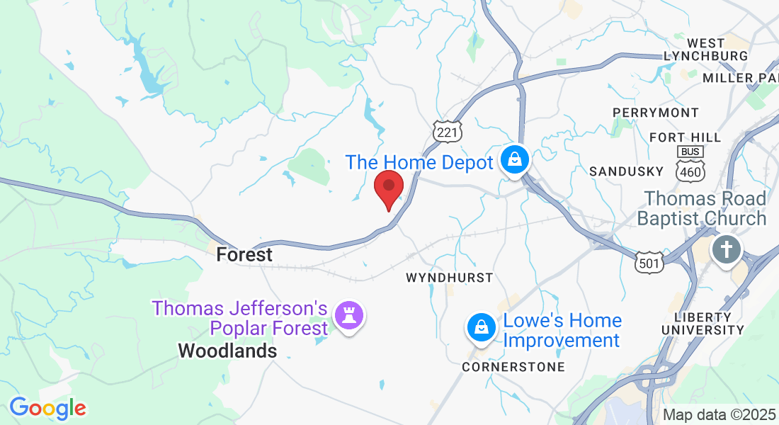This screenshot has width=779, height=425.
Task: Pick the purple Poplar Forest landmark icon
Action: (349, 314)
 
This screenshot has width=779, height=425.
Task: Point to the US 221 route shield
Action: (448, 132)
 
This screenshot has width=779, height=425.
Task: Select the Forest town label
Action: (244, 254)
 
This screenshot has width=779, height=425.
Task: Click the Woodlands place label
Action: (227, 351)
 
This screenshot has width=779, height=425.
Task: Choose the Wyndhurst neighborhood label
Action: (449, 278)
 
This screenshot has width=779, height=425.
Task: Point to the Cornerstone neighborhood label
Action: (513, 367)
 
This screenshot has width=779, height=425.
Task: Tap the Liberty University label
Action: (703, 323)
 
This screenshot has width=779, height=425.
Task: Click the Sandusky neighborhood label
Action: (626, 171)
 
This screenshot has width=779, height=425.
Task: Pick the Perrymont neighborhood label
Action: (655, 113)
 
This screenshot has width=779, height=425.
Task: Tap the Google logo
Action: (47, 408)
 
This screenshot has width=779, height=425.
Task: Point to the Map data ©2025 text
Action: (720, 415)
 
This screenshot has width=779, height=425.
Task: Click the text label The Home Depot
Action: (419, 162)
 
